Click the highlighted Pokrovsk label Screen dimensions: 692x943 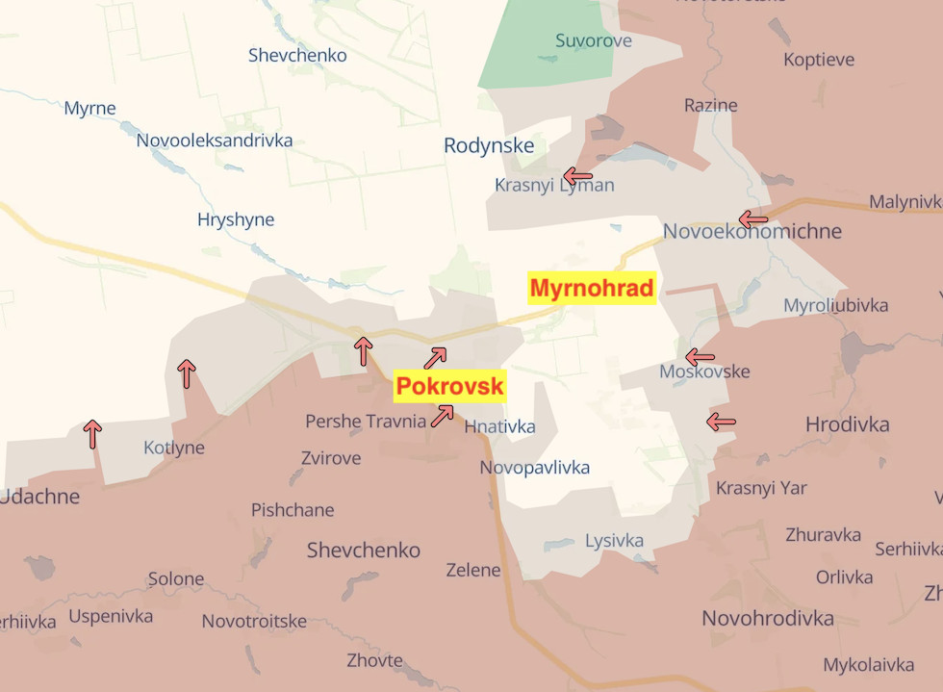pos(450,387)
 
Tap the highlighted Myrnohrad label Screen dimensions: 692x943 pos(592,288)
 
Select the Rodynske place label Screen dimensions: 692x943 pos(488,145)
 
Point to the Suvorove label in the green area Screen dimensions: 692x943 pos(594,40)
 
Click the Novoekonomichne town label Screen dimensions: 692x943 pos(752,231)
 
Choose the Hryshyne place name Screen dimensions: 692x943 pos(236,219)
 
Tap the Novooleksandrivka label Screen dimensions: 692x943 pos(215,141)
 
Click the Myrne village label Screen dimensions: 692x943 pos(89,108)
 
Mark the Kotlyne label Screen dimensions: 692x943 pos(174,448)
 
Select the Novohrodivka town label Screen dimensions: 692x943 pos(767,618)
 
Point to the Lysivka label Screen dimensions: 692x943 pos(614,541)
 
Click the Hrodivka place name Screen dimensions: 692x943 pos(847,424)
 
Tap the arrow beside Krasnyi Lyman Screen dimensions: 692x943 pos(577,176)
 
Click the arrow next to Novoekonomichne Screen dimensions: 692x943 pos(753,219)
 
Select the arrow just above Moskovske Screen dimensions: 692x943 pos(700,357)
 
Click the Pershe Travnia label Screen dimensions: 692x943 pos(366,421)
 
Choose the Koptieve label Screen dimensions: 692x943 pos(819,60)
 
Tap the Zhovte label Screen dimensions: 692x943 pos(375,660)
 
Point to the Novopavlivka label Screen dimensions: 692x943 pos(535,468)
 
